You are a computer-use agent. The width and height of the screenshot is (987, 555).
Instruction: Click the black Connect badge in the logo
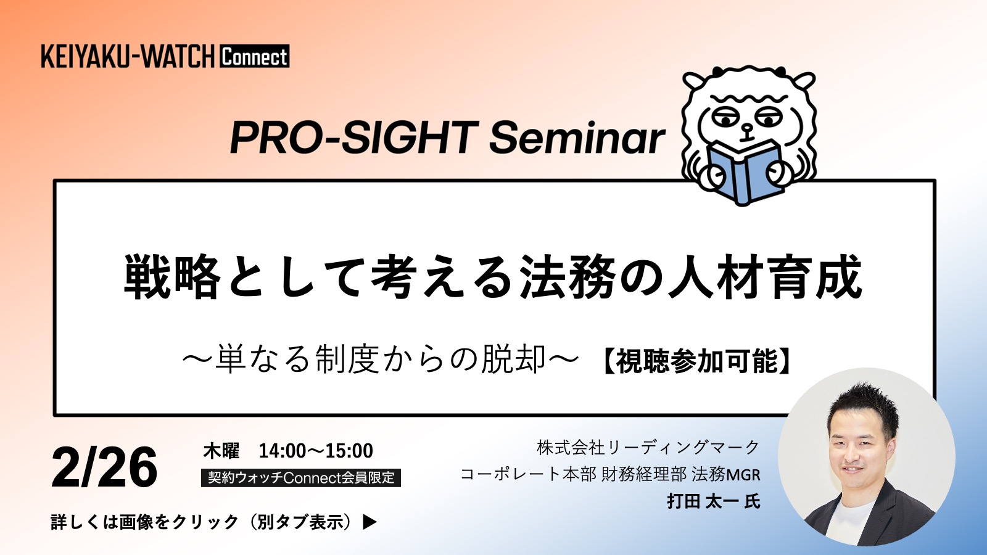(x=254, y=56)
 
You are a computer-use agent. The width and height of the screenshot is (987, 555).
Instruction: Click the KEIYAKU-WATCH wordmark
(x=128, y=56)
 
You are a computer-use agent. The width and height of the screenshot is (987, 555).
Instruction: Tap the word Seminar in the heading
(x=577, y=138)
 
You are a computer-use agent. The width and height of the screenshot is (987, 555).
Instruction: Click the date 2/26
(x=104, y=467)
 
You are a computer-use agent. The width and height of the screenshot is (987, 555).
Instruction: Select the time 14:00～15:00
(x=316, y=451)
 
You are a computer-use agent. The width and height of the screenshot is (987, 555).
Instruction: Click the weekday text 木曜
(x=221, y=451)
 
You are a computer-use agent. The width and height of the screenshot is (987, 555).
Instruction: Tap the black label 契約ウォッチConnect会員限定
(x=301, y=478)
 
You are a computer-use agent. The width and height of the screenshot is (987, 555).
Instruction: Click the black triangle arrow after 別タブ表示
(x=370, y=522)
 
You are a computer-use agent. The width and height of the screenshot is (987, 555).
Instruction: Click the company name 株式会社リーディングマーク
(x=648, y=448)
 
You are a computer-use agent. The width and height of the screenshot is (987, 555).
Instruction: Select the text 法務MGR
(x=726, y=474)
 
